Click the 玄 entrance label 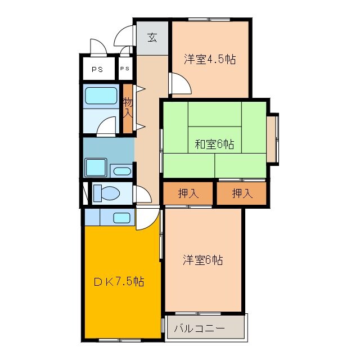152,38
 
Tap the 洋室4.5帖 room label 209,60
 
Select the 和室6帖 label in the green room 214,145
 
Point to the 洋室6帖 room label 203,260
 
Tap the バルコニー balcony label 199,328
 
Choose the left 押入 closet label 188,193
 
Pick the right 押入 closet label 242,193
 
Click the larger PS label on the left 97,70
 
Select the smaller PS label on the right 124,69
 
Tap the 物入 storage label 128,107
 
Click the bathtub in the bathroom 101,97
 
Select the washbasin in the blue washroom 121,171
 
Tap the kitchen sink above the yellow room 121,217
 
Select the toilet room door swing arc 142,195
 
